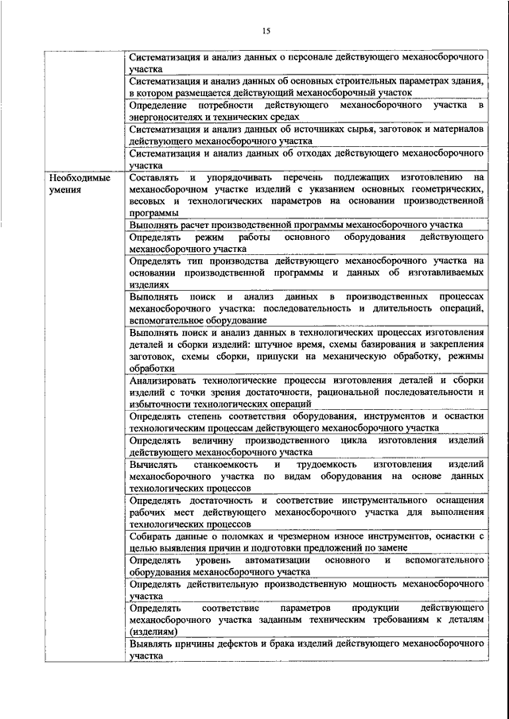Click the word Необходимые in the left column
coord(79,180)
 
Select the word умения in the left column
coord(64,191)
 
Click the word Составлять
coord(154,180)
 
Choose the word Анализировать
coord(166,381)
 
